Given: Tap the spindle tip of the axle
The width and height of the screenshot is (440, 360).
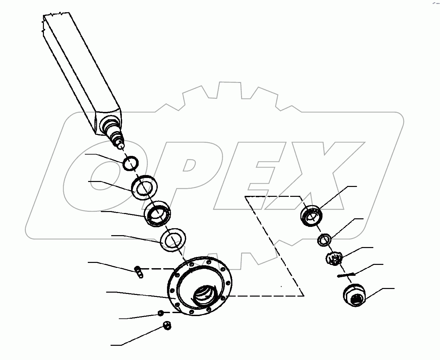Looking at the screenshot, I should tap(120, 144).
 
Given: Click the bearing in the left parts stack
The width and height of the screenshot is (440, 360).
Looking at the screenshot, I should tap(157, 214).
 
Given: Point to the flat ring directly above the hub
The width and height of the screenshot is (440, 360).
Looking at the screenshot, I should tap(173, 239).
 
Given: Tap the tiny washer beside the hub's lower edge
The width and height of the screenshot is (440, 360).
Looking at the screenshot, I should tap(161, 312).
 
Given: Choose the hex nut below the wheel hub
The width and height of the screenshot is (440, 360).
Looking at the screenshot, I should tap(167, 326).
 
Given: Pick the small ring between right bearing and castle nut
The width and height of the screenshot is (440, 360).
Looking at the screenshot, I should tap(324, 240).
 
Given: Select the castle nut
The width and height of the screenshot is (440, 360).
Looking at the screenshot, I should tap(334, 258).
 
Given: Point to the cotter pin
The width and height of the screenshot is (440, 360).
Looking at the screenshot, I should tap(346, 275).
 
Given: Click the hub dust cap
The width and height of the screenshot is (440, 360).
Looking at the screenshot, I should tap(354, 295).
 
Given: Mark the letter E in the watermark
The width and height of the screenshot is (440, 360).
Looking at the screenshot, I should tap(251, 175).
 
